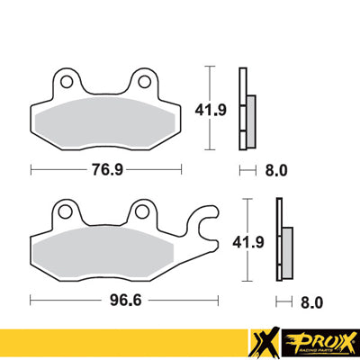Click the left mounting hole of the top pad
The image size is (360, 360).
(67, 82)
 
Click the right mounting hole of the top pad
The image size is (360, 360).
(142, 82)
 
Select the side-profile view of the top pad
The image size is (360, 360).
(245, 108)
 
